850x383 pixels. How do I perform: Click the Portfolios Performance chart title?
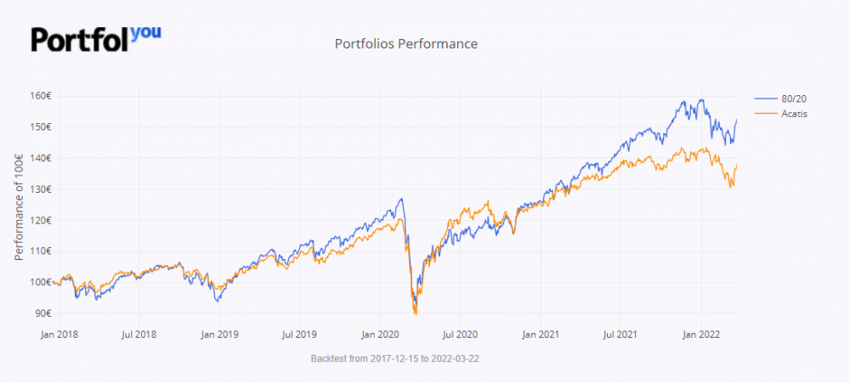(406, 43)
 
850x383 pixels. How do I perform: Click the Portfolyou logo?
(95, 38)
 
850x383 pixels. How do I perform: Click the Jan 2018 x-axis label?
(59, 335)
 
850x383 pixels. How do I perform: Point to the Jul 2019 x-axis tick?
(299, 335)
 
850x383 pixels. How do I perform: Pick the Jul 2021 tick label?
(620, 335)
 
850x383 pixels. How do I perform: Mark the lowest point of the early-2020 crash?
(415, 313)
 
